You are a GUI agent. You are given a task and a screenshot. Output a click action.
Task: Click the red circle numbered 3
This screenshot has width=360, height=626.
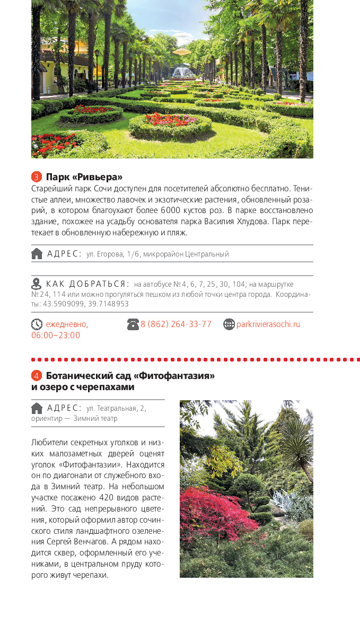coord(37,177)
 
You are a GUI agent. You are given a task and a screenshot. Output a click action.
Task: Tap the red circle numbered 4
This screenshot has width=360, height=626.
coord(37,376)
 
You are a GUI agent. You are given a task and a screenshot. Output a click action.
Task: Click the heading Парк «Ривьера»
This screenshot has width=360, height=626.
coord(84,177)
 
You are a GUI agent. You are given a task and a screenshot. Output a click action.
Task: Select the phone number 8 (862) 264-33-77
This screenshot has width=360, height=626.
coord(175,324)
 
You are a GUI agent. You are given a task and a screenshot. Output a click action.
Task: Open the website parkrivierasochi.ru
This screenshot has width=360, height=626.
coord(268,324)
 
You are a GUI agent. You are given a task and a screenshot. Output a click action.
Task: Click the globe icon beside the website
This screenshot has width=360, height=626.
coord(229,324)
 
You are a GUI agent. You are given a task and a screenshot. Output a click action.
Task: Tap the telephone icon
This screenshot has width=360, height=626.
coord(133,324)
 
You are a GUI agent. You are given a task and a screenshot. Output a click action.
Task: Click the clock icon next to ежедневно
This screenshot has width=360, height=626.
coord(37,324)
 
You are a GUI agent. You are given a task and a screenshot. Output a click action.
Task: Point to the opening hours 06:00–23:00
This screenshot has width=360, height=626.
coord(56,335)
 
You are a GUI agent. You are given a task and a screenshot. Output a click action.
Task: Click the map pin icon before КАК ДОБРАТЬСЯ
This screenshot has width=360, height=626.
coord(36,284)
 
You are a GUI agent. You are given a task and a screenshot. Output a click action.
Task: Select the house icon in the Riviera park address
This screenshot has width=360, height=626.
coord(37,253)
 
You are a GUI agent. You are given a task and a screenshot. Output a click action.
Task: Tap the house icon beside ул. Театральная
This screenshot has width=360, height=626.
coord(37,408)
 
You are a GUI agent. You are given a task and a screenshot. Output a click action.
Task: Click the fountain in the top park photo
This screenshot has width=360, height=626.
coord(183,72)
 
